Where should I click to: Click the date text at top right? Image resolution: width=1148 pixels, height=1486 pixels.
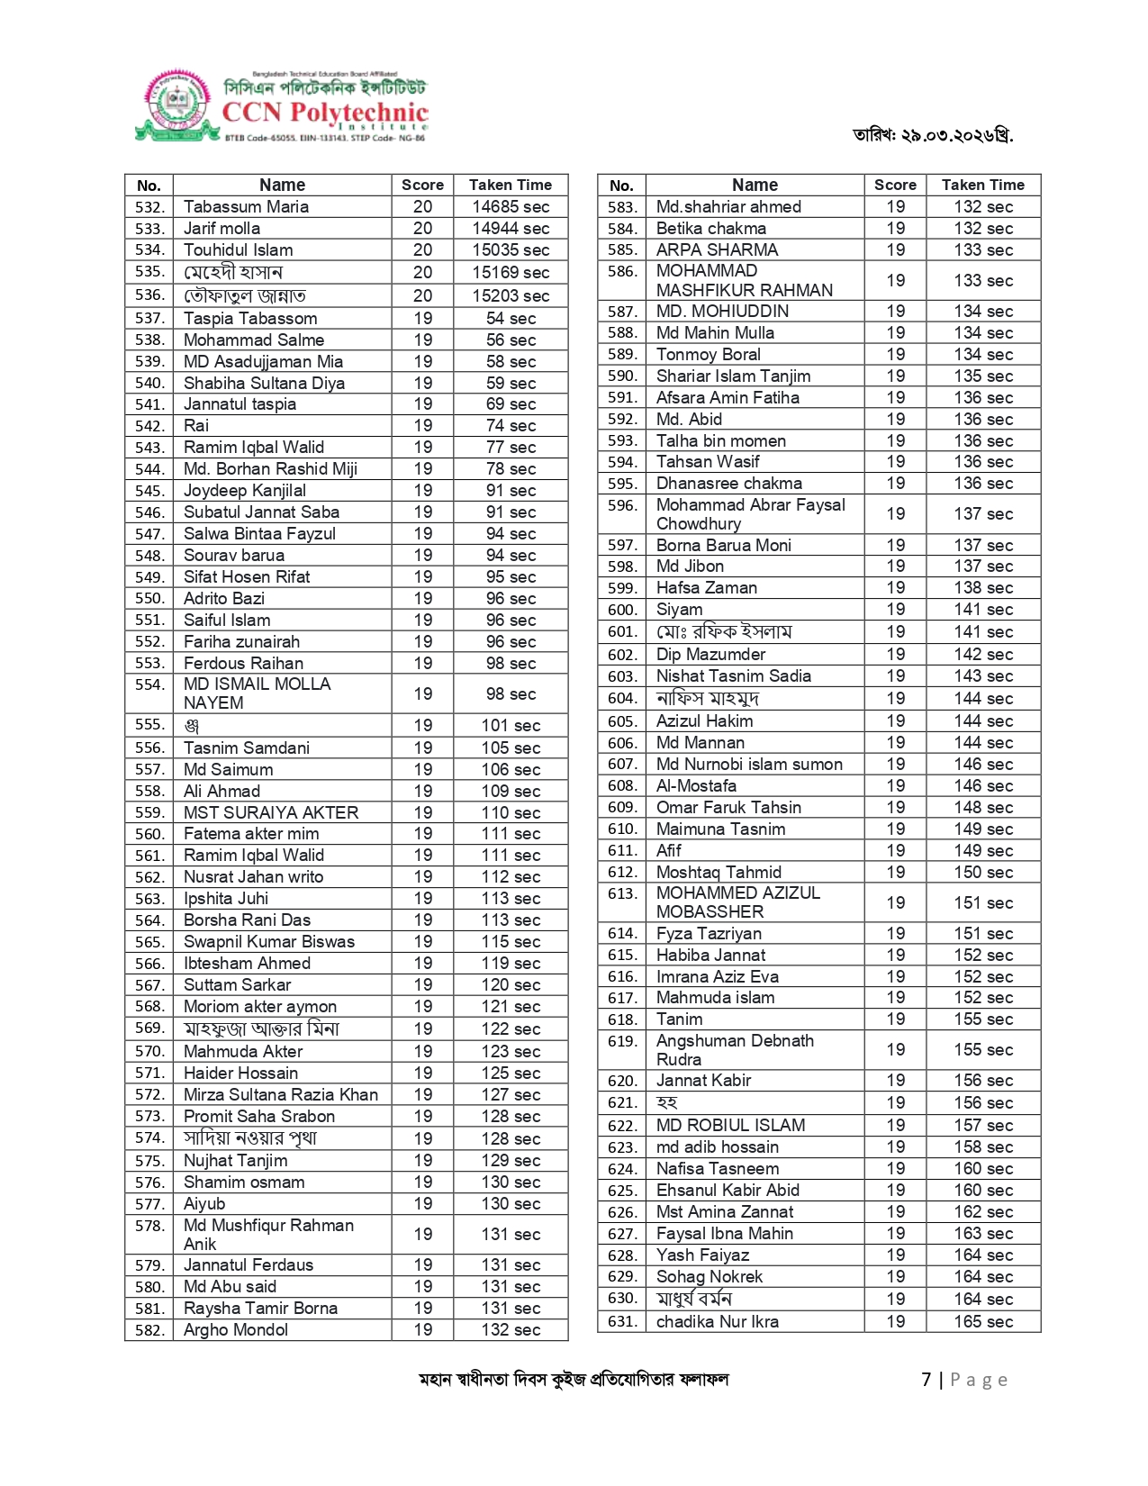pos(933,135)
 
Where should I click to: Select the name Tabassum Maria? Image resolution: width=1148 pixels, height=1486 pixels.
pos(246,207)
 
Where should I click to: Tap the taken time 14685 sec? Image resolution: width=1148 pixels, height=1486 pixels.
pos(511,207)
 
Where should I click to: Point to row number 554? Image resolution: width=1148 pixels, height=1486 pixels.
pos(149,684)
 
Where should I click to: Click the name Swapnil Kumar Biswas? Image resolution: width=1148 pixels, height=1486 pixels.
pos(269,942)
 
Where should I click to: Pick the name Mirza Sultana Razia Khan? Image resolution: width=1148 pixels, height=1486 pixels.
pos(281,1095)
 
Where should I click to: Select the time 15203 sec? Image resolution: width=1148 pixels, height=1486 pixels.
pos(511,295)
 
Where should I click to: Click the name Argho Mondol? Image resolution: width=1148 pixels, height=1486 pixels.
pos(236,1330)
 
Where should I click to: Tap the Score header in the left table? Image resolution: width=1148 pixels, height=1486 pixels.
pos(422,186)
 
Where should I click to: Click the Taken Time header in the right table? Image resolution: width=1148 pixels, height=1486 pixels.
pos(983,186)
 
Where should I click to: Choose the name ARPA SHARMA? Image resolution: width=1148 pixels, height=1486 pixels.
pos(717,250)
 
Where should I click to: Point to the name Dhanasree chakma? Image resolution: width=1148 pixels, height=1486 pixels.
pos(728,484)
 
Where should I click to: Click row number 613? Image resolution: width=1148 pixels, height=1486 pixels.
pos(621,893)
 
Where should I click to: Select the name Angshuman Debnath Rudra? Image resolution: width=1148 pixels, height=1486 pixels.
pos(735,1050)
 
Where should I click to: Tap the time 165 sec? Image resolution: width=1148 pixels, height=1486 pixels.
pos(983,1322)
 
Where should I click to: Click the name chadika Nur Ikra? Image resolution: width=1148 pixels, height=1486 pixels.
pos(718,1322)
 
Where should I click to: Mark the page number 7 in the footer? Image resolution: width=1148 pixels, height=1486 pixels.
pos(927,1380)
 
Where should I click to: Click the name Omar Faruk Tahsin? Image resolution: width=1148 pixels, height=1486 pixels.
pos(728,808)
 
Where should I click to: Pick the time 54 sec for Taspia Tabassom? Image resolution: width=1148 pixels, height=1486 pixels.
pos(511,319)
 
